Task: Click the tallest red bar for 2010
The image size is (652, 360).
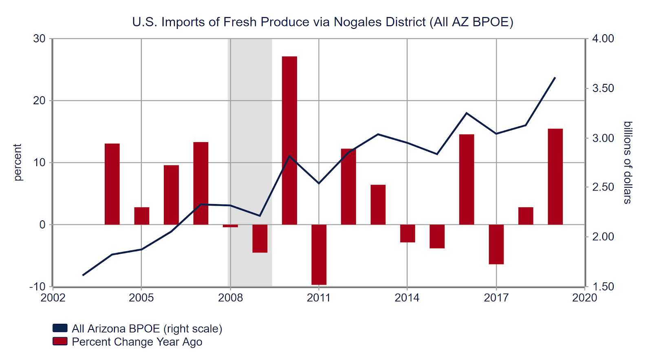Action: pyautogui.click(x=289, y=140)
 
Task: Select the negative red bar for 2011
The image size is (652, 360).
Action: pyautogui.click(x=319, y=255)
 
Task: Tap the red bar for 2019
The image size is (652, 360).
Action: pyautogui.click(x=555, y=177)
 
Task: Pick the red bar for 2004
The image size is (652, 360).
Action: pyautogui.click(x=112, y=184)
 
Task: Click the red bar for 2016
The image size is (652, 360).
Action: pyautogui.click(x=467, y=180)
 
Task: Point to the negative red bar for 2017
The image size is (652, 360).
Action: pyautogui.click(x=496, y=244)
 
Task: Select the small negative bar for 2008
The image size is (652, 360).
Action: pyautogui.click(x=230, y=226)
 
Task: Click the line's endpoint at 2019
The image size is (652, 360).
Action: pyautogui.click(x=555, y=77)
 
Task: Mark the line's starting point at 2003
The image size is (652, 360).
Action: pyautogui.click(x=83, y=275)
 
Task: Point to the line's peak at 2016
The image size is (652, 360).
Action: pyautogui.click(x=467, y=113)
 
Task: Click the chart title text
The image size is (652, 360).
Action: pyautogui.click(x=323, y=22)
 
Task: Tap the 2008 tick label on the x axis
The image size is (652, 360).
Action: pyautogui.click(x=230, y=298)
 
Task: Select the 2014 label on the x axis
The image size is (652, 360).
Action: pyautogui.click(x=407, y=298)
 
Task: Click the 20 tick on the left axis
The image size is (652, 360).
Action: pyautogui.click(x=40, y=101)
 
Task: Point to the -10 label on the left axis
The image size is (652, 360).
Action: pyautogui.click(x=37, y=287)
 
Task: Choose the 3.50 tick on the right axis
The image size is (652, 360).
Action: pyautogui.click(x=603, y=88)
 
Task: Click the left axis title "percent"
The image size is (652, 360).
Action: pyautogui.click(x=17, y=162)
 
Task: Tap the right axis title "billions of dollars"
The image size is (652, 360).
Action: pyautogui.click(x=628, y=162)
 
